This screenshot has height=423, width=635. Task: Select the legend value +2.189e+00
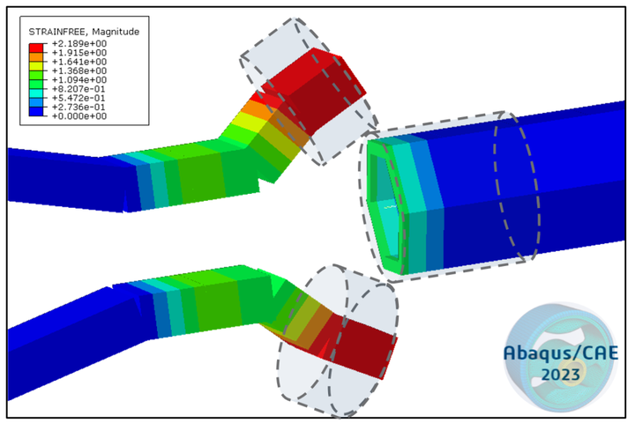coord(79,44)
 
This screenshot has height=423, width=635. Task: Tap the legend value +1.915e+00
coord(79,53)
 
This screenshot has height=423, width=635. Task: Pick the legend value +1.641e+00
coord(79,62)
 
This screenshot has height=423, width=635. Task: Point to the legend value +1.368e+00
coord(79,70)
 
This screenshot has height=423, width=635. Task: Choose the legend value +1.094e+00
coord(79,79)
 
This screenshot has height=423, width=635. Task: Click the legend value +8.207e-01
coord(79,88)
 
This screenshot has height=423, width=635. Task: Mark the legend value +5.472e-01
coord(79,97)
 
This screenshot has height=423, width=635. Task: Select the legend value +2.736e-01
coord(79,107)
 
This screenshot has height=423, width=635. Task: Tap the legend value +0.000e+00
coord(79,115)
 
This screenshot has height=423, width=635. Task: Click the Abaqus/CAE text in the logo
coord(560,352)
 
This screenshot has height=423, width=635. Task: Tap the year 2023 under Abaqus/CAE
coord(561,375)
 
